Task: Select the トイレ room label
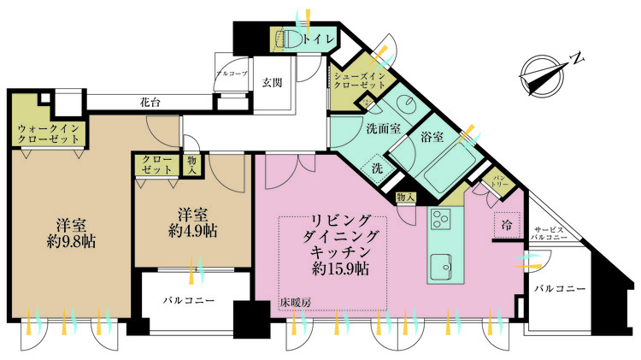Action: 320,38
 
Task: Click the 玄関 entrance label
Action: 272,82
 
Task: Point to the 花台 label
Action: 150,102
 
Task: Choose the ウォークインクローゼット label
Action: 49,133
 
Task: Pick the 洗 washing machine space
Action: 377,168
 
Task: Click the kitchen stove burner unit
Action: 444,219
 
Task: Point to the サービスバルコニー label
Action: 550,233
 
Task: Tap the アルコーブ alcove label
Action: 232,74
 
